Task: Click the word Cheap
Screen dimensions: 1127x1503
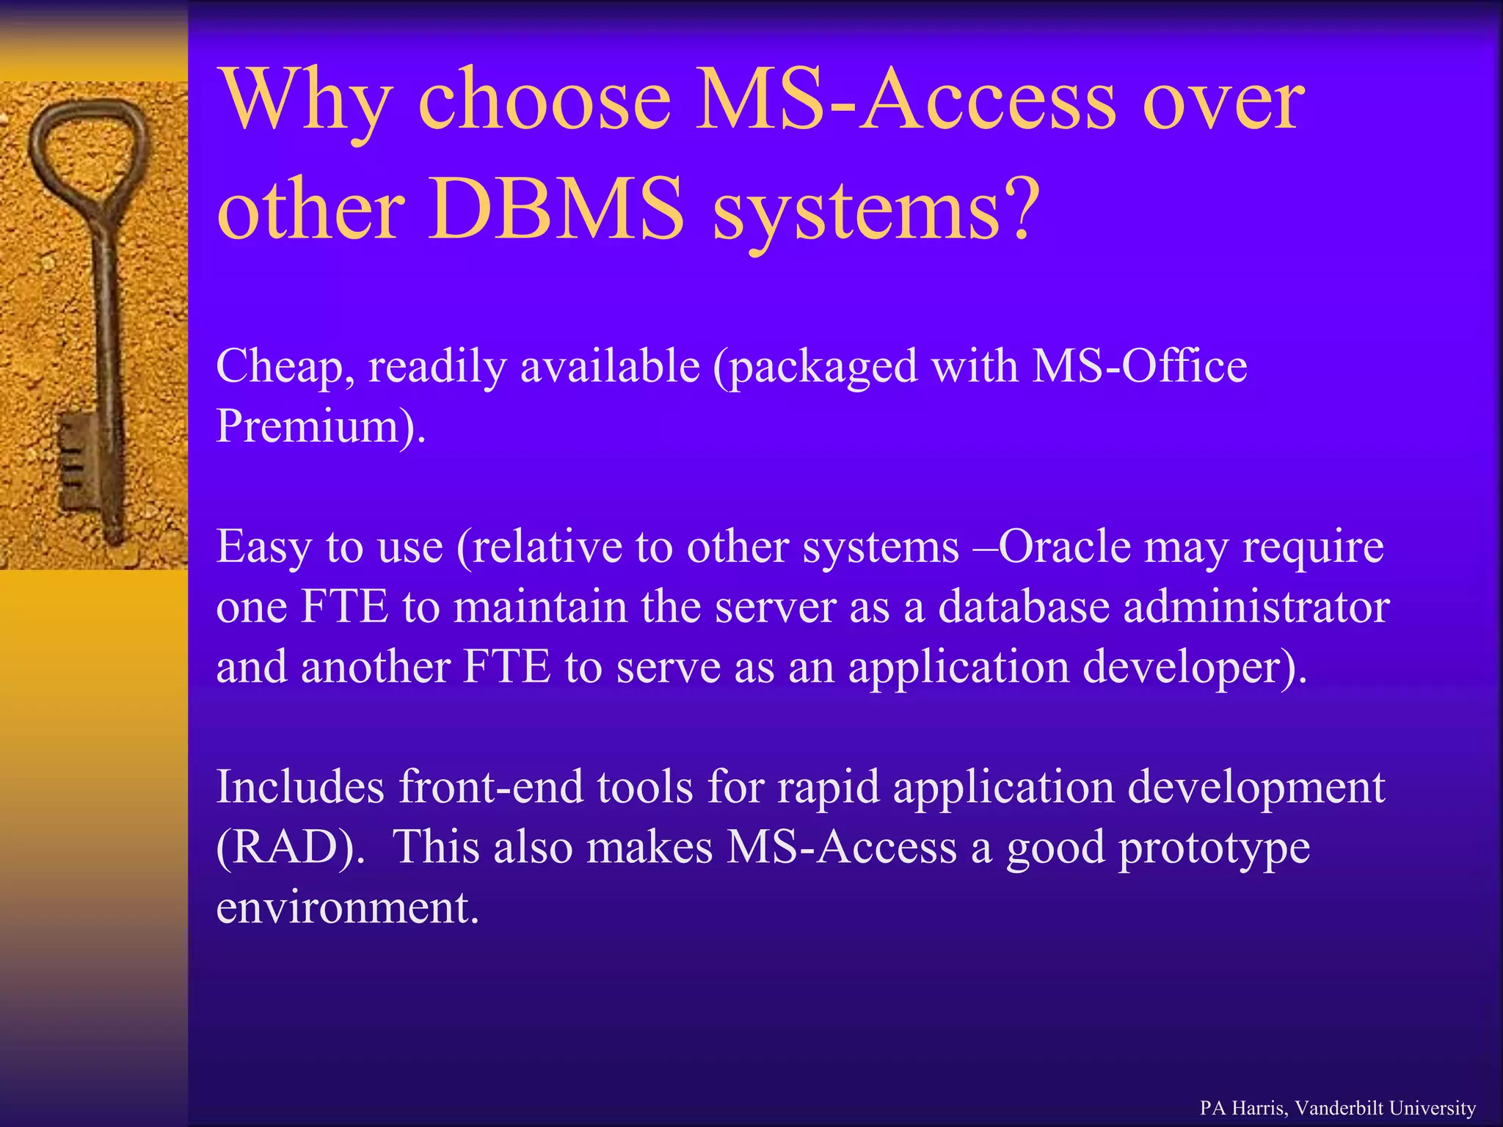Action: coord(279,367)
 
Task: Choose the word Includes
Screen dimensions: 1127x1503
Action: coord(300,787)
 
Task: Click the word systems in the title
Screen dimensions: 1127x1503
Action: coord(856,213)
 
